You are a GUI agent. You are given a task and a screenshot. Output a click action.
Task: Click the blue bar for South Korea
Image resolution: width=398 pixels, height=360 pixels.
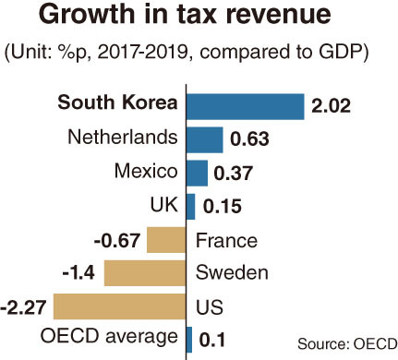246,106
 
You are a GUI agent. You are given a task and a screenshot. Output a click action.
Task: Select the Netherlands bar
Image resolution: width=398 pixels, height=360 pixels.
205,139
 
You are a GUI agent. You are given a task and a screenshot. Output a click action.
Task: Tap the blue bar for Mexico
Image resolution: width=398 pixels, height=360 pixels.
197,173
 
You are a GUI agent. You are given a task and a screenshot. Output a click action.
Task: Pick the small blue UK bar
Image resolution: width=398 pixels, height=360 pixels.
191,207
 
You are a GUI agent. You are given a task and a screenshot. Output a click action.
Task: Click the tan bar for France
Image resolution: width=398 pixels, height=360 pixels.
166,240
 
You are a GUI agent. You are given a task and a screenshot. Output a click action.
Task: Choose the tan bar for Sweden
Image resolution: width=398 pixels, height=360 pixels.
145,273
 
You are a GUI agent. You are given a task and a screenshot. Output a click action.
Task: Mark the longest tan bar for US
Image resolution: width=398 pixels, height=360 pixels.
119,306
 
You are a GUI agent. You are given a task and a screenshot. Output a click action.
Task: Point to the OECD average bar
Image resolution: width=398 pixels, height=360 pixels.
189,340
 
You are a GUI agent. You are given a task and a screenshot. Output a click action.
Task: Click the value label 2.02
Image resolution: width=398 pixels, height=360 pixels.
331,106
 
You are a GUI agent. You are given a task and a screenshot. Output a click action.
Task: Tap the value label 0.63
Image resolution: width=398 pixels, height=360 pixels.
249,139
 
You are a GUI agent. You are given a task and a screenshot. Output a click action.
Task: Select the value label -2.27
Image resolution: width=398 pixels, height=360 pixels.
23,307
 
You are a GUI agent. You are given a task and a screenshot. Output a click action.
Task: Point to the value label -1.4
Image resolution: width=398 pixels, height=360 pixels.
78,273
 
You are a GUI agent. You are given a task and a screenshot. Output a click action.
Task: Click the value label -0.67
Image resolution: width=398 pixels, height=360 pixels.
117,241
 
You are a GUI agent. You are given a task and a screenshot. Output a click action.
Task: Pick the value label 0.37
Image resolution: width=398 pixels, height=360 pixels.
234,173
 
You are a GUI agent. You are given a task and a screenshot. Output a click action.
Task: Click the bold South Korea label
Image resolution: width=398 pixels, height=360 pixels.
117,102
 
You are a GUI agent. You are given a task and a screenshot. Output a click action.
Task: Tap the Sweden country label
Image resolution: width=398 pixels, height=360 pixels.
232,272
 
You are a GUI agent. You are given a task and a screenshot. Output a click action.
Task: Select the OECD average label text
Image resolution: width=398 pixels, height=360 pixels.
109,337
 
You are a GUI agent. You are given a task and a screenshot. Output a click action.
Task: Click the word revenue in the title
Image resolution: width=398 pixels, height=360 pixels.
278,15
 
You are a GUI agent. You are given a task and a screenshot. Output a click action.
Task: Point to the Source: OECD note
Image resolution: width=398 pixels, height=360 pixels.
347,343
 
